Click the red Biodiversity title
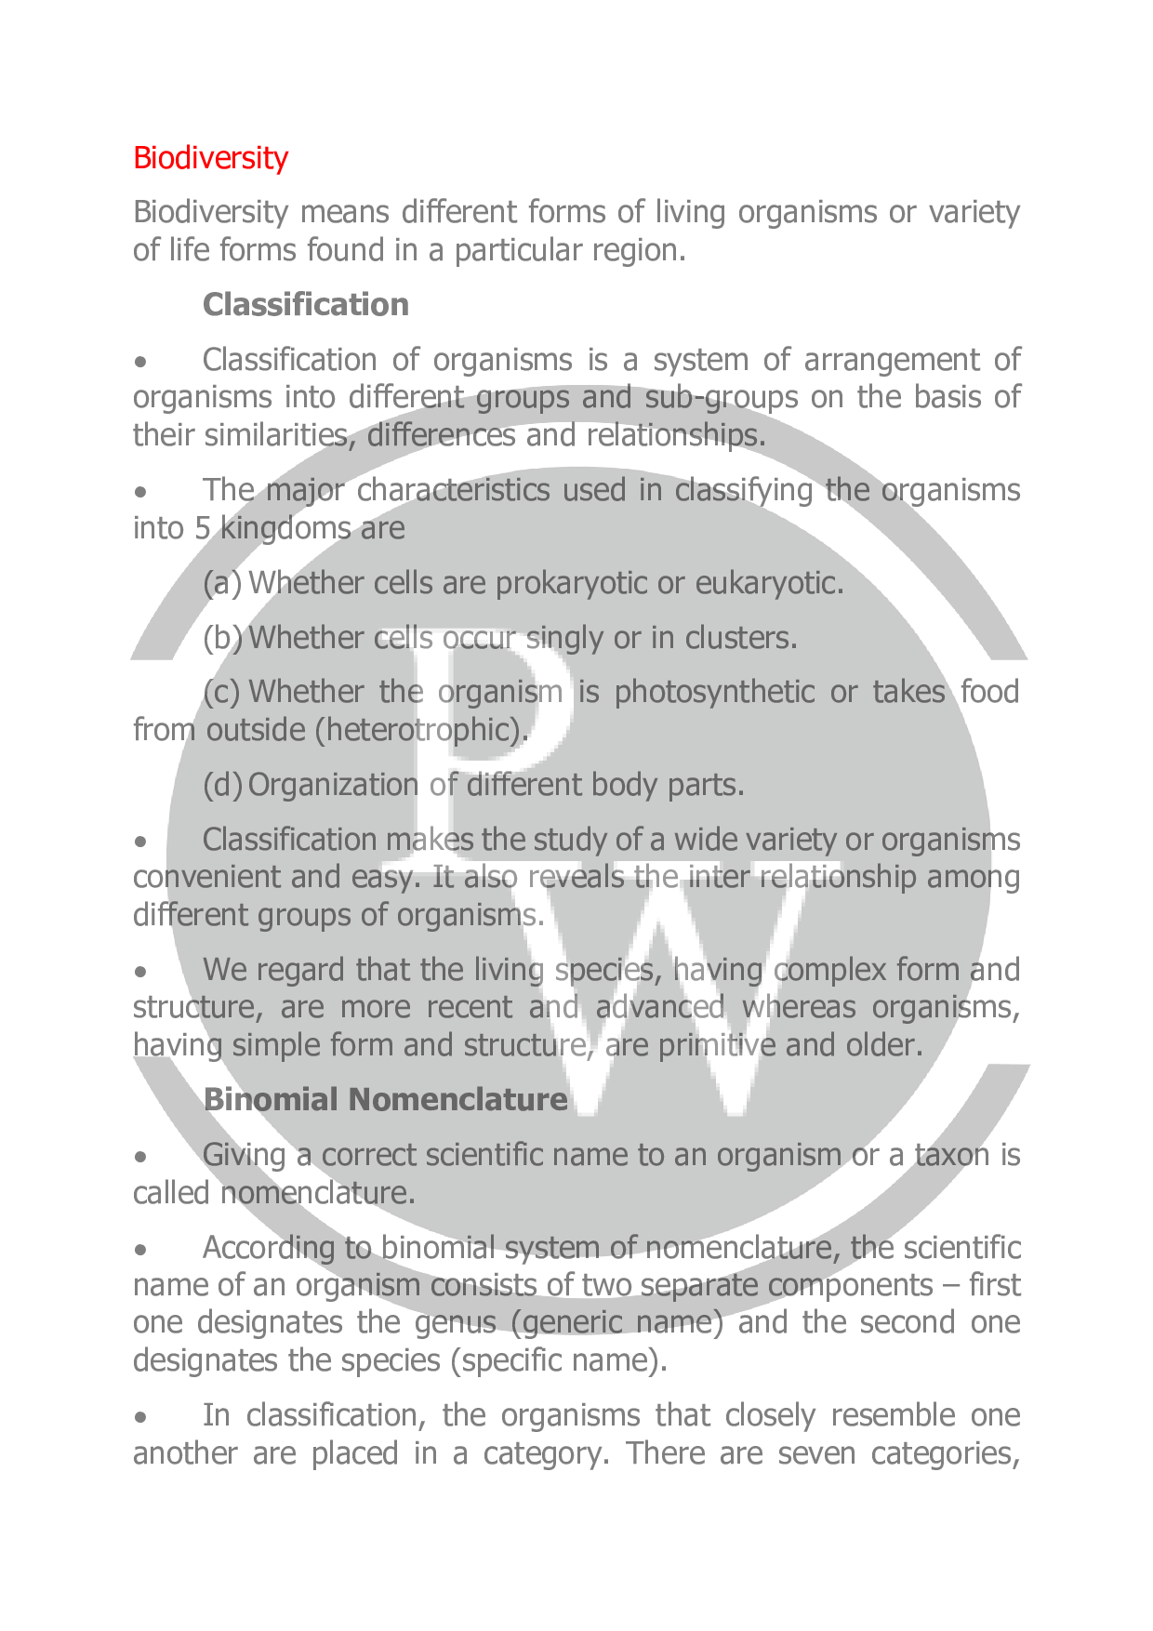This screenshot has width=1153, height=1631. (x=210, y=158)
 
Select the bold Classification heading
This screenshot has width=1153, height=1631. (x=305, y=305)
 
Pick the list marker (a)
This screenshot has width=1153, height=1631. (x=221, y=583)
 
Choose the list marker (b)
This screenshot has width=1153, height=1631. (x=222, y=638)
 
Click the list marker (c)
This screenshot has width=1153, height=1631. (x=221, y=692)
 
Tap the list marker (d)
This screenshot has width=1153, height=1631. (x=222, y=786)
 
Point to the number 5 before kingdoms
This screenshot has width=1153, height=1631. (x=203, y=528)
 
